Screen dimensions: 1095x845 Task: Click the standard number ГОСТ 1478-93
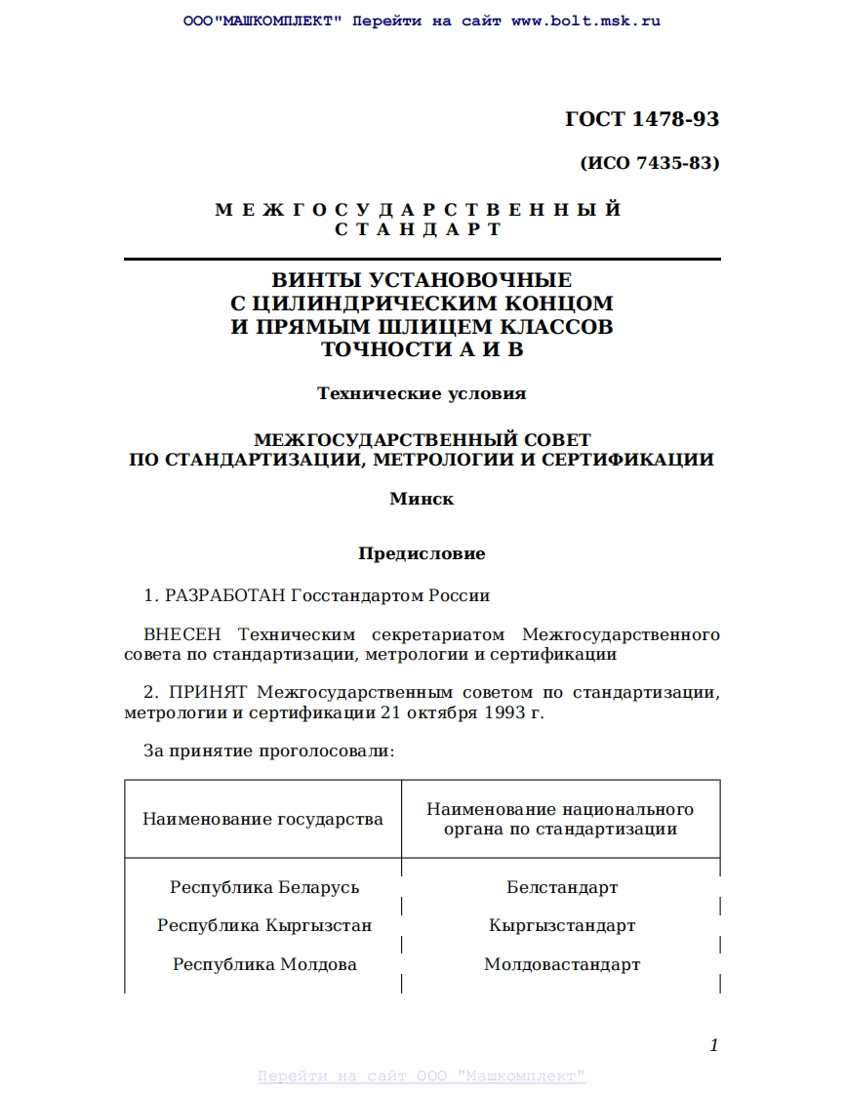point(641,120)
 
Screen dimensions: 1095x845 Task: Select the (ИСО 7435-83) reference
point(649,163)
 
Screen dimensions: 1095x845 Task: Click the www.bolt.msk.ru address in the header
point(585,21)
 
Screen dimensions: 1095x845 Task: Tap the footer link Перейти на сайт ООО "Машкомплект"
point(422,1075)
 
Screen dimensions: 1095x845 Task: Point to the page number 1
point(713,1045)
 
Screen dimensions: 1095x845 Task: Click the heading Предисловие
point(422,553)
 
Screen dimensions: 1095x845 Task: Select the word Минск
point(422,499)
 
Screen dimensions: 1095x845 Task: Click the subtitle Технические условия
point(422,393)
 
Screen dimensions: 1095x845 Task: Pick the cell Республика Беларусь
point(264,887)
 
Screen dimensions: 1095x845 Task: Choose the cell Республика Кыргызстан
point(264,925)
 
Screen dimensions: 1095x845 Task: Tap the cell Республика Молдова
point(264,964)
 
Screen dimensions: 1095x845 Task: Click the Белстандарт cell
point(562,887)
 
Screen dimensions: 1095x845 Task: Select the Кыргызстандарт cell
point(562,925)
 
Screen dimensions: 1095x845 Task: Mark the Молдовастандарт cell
point(562,964)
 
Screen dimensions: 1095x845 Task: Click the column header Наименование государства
point(262,819)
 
